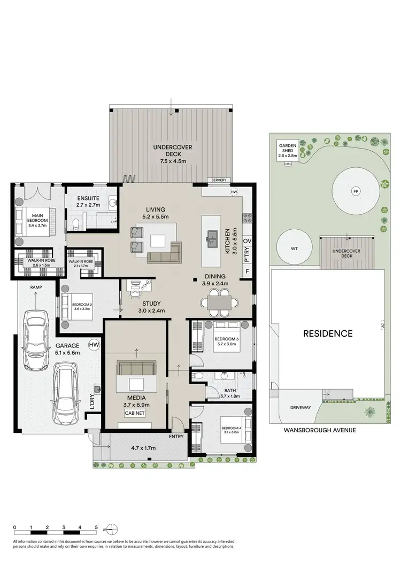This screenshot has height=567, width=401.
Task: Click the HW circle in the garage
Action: click(x=95, y=345)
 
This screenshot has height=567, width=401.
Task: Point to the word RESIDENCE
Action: click(x=328, y=333)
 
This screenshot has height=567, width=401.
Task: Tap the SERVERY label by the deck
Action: click(x=219, y=180)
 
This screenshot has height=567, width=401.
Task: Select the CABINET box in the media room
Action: click(x=136, y=414)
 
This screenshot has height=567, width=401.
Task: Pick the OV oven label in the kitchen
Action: click(x=247, y=242)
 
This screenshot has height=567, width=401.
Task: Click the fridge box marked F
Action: click(x=247, y=271)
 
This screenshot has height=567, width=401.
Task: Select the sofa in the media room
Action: click(x=137, y=368)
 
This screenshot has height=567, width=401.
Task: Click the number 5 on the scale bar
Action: click(x=96, y=527)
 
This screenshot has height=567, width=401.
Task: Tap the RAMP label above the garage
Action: click(x=36, y=287)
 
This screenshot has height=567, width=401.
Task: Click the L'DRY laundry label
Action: click(x=92, y=402)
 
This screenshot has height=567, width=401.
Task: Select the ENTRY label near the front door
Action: click(x=176, y=437)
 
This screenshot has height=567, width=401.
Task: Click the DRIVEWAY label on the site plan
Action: click(x=301, y=407)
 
